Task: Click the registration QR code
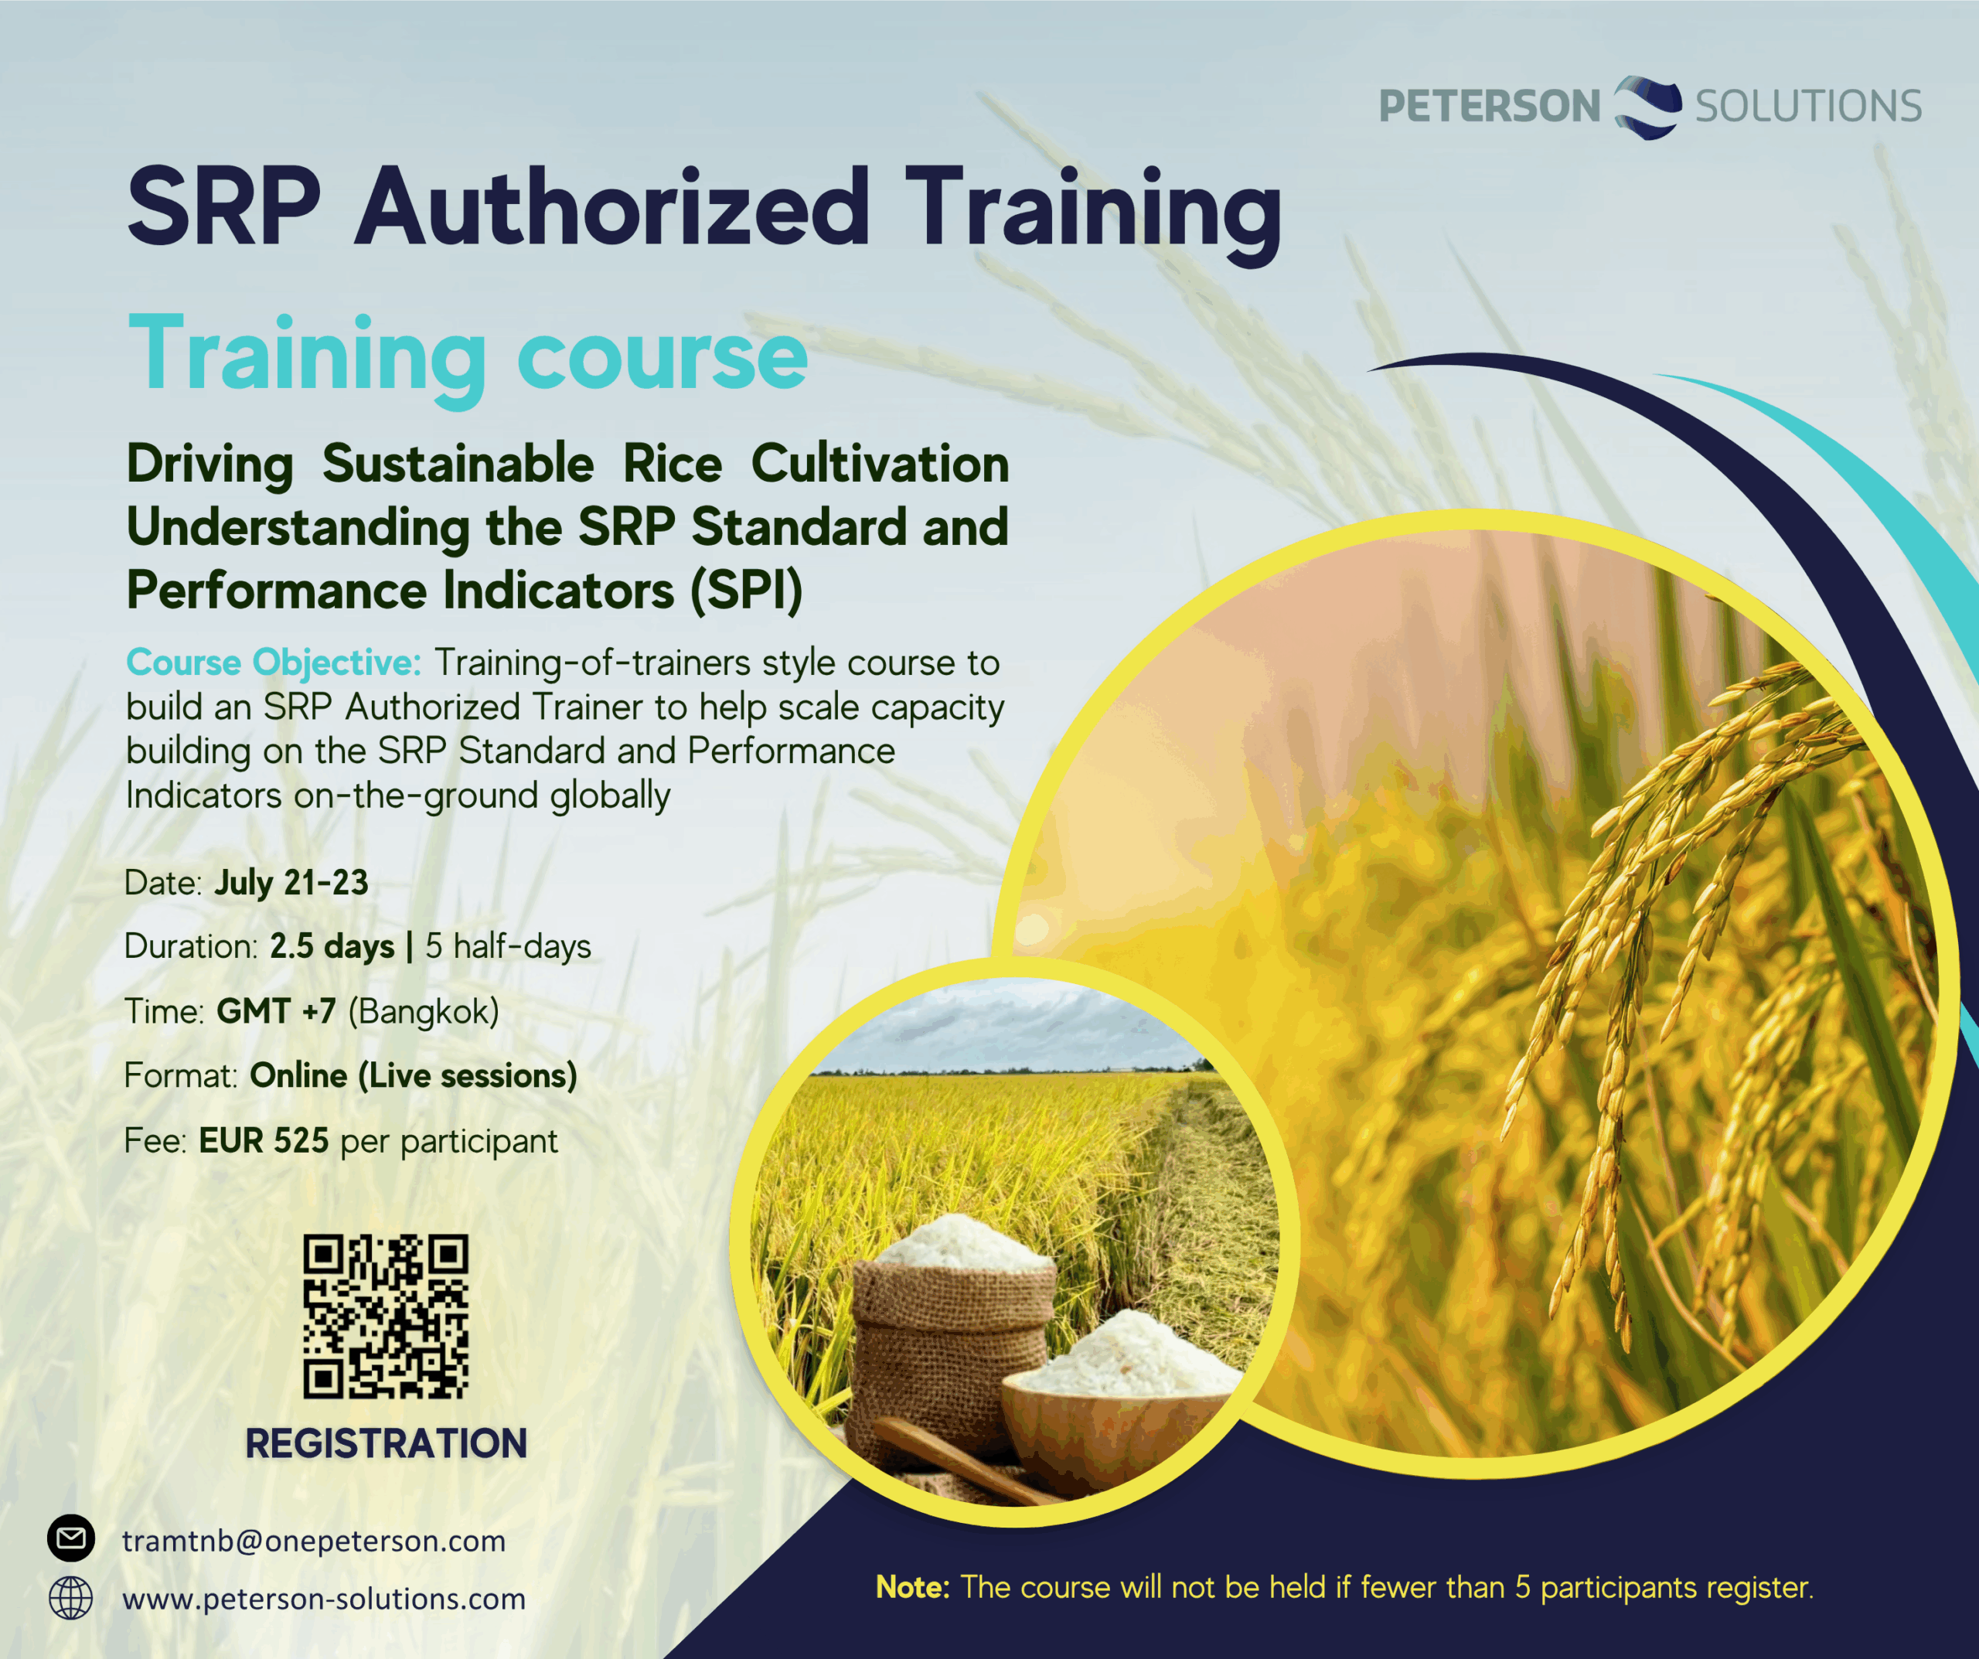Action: point(386,1316)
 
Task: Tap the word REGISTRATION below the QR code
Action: point(386,1443)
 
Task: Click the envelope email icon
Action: point(70,1539)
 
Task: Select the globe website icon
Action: point(70,1598)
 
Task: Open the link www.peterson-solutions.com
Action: point(324,1599)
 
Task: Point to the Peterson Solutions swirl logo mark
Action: point(1647,107)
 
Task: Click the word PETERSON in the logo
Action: point(1489,106)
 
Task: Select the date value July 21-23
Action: point(291,882)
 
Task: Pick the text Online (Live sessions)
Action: point(414,1075)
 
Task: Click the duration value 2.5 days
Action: point(332,946)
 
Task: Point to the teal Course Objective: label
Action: point(274,663)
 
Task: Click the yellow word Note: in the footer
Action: point(912,1587)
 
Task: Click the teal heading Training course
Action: point(468,356)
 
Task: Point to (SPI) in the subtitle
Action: point(746,591)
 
